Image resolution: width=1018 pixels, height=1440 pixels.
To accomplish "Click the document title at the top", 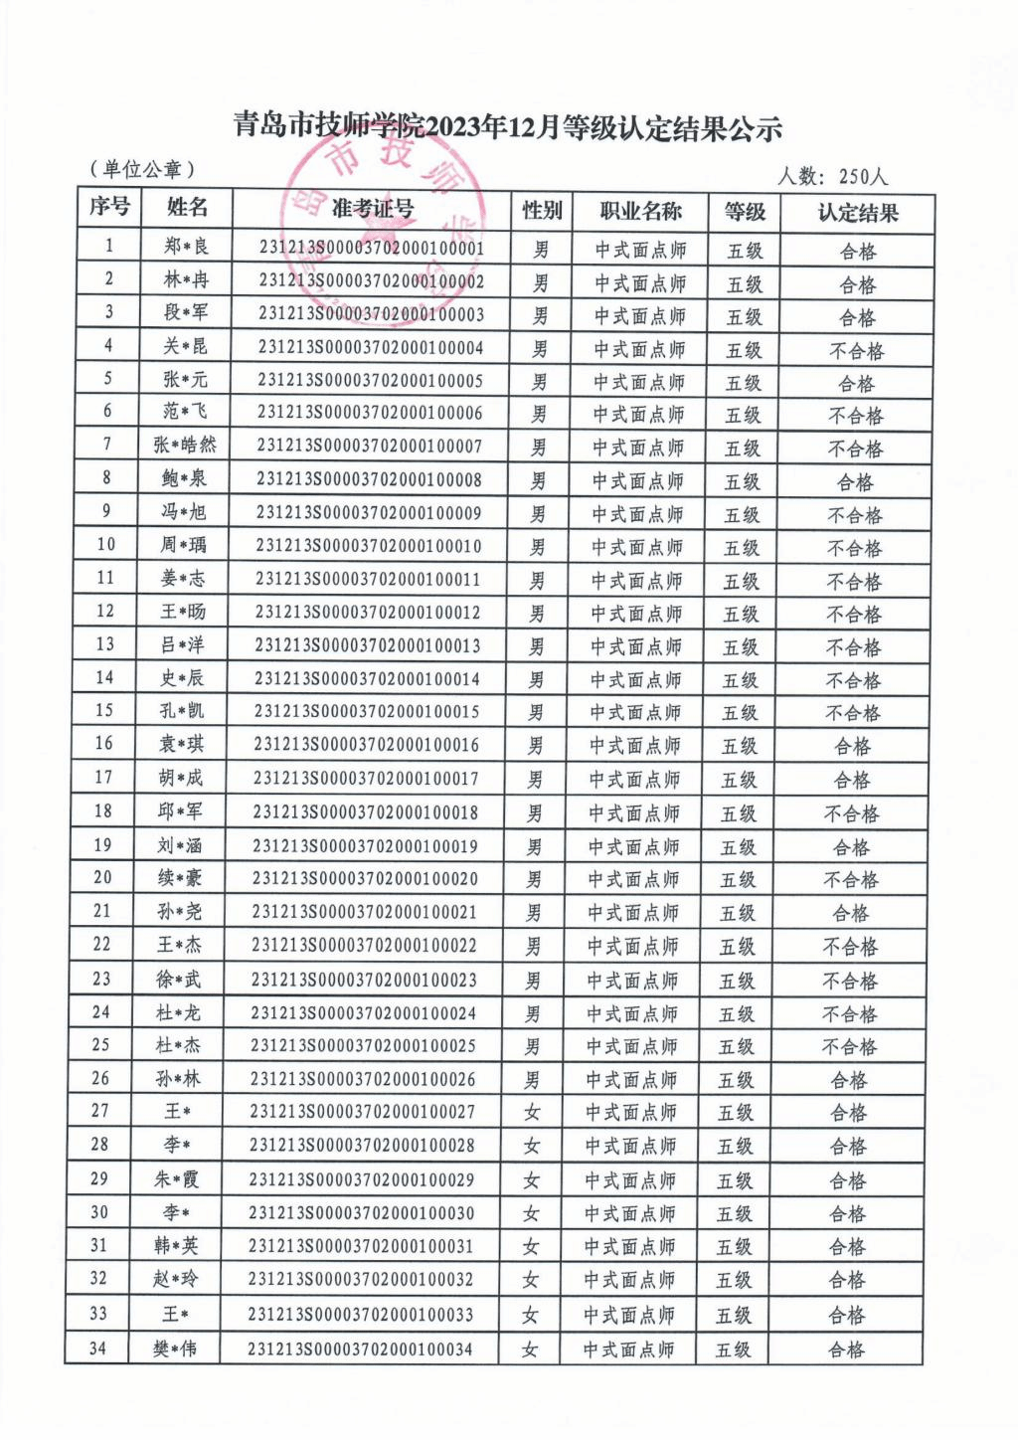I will click(x=508, y=128).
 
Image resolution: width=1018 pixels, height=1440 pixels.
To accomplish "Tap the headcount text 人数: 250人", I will click(x=832, y=177).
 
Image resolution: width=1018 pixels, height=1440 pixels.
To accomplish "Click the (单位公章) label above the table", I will click(x=142, y=170).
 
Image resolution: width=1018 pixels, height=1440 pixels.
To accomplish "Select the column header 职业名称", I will click(x=640, y=211).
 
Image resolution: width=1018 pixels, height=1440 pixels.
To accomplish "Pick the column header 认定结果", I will click(x=857, y=213).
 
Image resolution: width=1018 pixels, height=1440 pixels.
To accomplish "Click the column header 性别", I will click(x=542, y=210).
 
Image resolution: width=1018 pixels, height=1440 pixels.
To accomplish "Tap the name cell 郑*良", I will click(x=186, y=246).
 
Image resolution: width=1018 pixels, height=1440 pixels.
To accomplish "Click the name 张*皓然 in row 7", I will click(x=184, y=445).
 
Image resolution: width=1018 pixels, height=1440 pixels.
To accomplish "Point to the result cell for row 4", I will click(x=856, y=351).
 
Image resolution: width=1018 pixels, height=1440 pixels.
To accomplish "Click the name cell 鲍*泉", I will click(x=184, y=478).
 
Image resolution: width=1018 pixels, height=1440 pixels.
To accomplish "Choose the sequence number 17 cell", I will click(x=103, y=777).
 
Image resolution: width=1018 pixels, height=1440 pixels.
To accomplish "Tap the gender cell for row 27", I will click(x=533, y=1113).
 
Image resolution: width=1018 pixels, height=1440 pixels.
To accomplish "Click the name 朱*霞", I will click(x=177, y=1179).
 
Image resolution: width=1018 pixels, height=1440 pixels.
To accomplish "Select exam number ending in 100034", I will click(x=360, y=1350).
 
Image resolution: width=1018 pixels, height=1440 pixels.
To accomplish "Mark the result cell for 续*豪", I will click(x=851, y=880).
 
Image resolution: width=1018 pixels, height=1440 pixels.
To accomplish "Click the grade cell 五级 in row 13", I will click(x=741, y=647).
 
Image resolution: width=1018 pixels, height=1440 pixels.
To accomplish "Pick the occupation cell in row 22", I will click(x=633, y=947).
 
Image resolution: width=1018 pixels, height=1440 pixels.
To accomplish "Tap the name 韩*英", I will click(x=177, y=1246).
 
